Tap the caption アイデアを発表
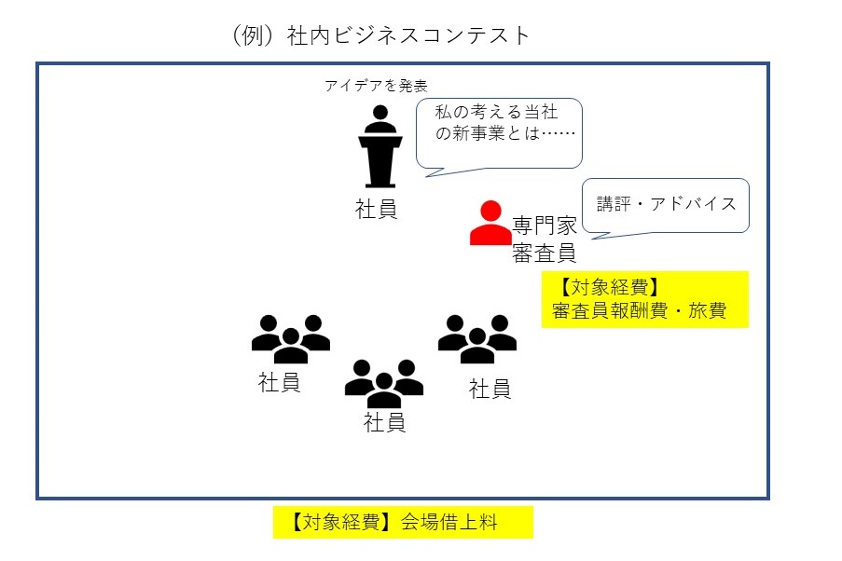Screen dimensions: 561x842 pos(376,87)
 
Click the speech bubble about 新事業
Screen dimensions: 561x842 pos(498,135)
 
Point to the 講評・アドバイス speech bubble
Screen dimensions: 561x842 pos(666,204)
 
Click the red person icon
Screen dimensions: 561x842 pos(490,224)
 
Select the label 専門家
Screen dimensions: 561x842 pos(545,226)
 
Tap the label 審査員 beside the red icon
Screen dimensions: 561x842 pos(545,252)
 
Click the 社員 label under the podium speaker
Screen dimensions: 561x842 pos(377,209)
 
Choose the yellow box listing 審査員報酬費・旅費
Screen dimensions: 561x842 pos(644,299)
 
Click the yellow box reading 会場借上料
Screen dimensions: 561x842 pos(402,522)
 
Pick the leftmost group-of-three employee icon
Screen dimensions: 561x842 pos(291,338)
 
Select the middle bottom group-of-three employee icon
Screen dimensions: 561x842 pos(384,382)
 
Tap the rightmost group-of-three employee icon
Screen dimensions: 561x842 pos(477,338)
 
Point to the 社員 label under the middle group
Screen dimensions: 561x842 pos(384,422)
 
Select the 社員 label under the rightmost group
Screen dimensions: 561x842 pos(490,388)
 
